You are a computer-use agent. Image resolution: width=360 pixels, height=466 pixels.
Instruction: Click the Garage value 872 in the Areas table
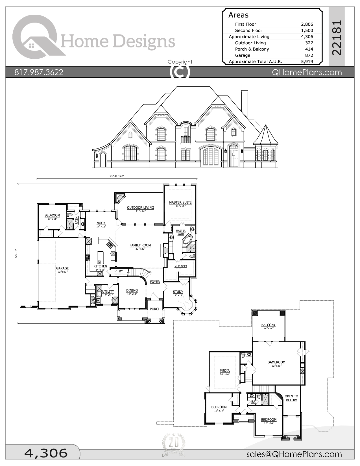(309, 55)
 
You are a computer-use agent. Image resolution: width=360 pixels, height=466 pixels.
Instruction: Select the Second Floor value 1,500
(307, 31)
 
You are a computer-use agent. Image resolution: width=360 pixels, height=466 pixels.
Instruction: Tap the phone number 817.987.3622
(39, 72)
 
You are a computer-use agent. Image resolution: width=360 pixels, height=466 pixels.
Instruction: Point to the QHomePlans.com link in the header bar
(307, 72)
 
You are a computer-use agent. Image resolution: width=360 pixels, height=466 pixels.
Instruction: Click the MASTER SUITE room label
(180, 202)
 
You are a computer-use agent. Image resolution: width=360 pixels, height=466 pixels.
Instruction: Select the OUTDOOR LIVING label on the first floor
(140, 208)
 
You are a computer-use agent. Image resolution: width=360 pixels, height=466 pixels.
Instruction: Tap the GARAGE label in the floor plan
(62, 268)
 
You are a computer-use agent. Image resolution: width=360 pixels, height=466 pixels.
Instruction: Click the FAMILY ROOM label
(140, 245)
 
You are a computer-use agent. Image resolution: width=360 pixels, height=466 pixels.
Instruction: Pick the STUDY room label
(178, 292)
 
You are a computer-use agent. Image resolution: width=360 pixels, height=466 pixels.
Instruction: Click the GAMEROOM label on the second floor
(276, 362)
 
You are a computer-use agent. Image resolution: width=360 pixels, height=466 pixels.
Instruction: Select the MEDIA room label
(225, 371)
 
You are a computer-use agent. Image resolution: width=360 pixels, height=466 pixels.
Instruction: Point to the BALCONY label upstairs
(268, 325)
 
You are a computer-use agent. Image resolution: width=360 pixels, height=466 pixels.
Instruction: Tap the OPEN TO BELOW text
(291, 398)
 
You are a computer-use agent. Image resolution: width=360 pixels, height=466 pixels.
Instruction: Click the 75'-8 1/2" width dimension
(117, 176)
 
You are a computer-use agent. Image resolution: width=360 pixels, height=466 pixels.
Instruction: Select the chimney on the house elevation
(245, 103)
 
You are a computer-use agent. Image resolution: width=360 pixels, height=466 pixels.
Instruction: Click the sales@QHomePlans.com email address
(294, 454)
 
